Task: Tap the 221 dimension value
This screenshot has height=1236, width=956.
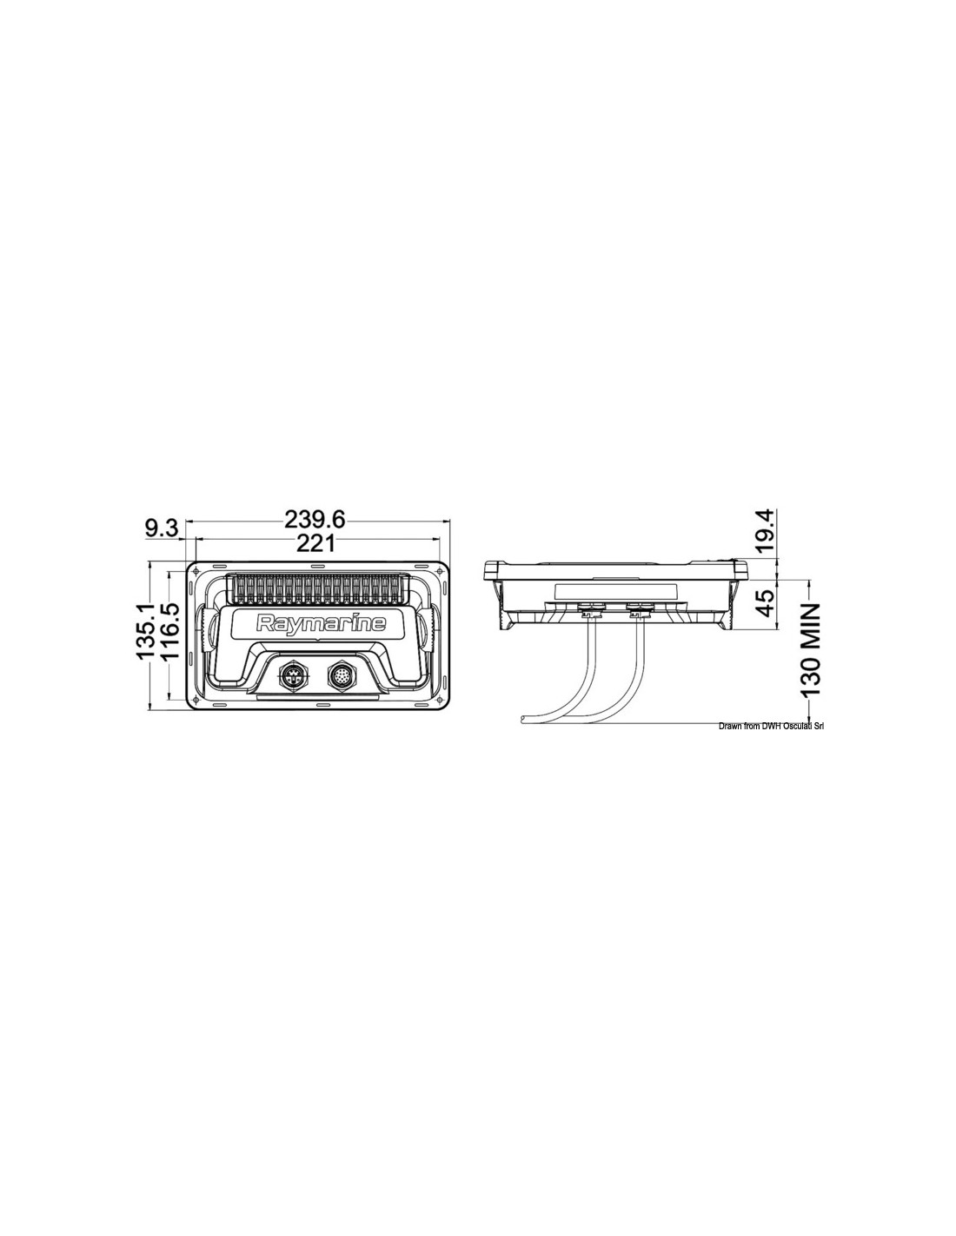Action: (315, 544)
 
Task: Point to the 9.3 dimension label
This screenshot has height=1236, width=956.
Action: (162, 528)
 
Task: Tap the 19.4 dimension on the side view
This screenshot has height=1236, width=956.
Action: (767, 532)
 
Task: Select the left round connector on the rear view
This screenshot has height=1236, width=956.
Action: (292, 674)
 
